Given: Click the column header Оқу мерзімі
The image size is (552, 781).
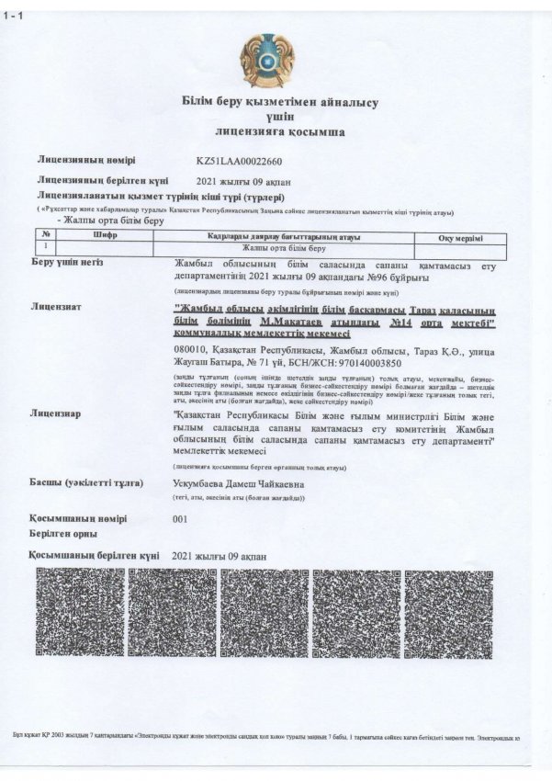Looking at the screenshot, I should tap(460, 237).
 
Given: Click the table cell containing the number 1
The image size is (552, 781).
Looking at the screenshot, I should tap(45, 247).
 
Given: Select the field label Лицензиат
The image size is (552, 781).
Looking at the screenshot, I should tap(57, 305).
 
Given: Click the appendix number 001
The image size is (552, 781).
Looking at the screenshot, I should tap(180, 518).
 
